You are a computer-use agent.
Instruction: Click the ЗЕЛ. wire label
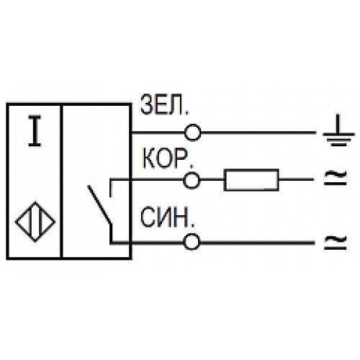coord(165,105)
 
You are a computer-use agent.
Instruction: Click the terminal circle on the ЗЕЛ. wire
coord(192,132)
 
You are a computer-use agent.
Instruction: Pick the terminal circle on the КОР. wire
coord(192,180)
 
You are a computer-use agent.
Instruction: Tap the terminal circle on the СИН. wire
coord(192,242)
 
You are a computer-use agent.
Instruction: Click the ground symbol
coord(338,130)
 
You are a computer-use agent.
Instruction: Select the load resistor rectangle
coord(251,180)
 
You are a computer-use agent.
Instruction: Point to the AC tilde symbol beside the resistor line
coord(336,178)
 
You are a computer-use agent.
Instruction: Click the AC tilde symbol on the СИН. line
coord(336,242)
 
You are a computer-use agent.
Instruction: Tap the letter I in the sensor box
coord(35,131)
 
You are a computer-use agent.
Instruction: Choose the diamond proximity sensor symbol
coord(35,222)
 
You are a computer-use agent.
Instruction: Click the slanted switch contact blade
coord(99,204)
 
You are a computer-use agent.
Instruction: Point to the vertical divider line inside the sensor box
coord(61,181)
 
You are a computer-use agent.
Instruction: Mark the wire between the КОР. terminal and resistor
coord(212,180)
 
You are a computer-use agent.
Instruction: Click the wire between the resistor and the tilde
coord(296,179)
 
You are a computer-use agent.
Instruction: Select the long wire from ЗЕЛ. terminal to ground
coord(258,132)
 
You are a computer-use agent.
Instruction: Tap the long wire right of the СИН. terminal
coord(257,243)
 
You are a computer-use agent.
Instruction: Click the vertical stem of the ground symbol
coord(338,124)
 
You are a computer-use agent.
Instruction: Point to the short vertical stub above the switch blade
coord(111,188)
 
